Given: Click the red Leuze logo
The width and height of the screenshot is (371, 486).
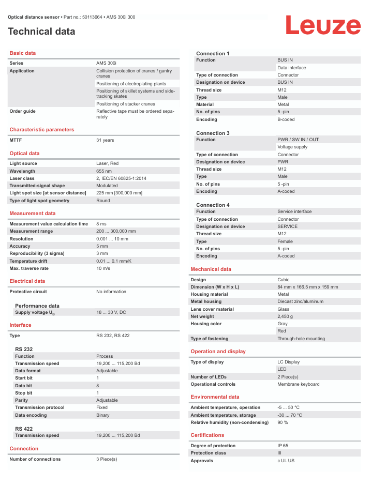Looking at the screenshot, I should (323, 26).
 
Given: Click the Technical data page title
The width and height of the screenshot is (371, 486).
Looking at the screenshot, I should (41, 32).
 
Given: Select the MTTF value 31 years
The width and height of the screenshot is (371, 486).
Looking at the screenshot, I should (105, 140).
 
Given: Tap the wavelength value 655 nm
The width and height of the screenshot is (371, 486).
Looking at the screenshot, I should (104, 171).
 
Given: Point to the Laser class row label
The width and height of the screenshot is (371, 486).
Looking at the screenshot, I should (22, 178).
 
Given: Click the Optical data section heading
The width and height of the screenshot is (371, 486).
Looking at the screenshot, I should (24, 154).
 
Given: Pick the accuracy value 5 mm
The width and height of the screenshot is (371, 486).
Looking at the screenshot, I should (102, 246).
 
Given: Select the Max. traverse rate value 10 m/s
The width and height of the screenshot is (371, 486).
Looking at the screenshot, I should (103, 268).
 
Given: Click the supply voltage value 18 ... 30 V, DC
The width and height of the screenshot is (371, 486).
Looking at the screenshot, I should (111, 312).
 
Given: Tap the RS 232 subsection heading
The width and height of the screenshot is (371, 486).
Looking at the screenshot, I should (24, 349).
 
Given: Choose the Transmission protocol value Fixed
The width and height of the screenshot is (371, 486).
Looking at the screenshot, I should (102, 407).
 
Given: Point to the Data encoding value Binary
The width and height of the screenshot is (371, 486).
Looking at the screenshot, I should (102, 415).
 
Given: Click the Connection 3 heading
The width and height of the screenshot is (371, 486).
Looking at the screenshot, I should (213, 133).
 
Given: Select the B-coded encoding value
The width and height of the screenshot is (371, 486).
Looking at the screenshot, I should (286, 119).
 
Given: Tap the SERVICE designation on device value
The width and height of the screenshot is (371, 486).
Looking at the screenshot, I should (288, 226).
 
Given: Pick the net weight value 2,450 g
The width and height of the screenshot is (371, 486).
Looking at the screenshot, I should (285, 316).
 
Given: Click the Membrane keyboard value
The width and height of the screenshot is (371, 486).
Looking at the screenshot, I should (299, 384).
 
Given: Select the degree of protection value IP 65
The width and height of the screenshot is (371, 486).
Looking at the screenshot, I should (283, 446).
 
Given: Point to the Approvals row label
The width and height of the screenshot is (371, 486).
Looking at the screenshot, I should (202, 461).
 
